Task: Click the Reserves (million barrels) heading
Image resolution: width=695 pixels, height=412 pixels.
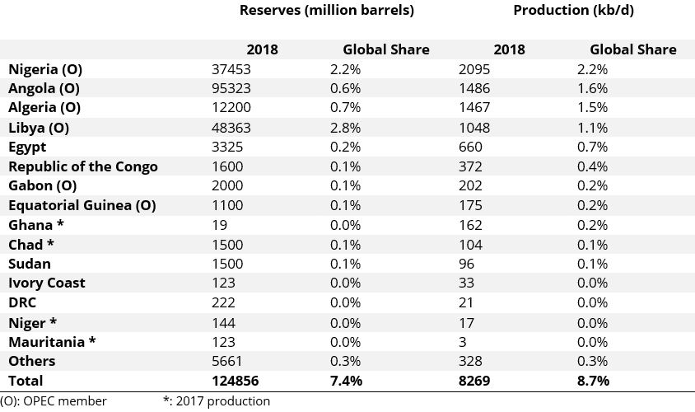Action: (x=326, y=11)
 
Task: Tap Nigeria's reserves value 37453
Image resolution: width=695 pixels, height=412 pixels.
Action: (x=231, y=69)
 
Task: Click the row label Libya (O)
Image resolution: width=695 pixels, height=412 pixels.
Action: (x=38, y=128)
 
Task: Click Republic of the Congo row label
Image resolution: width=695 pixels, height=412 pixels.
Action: (x=82, y=166)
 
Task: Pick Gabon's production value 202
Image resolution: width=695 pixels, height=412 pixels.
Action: (x=469, y=185)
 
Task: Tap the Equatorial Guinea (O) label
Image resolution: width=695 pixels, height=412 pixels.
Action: (x=82, y=205)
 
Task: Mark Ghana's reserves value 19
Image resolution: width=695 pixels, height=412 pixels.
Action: (x=219, y=225)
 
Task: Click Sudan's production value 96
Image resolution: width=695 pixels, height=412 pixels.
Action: (x=466, y=264)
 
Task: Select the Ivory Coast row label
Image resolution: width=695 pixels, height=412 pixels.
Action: (x=46, y=283)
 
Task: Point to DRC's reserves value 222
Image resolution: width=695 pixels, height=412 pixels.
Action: (x=223, y=302)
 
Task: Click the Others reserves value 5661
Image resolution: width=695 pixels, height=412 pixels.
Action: (x=226, y=361)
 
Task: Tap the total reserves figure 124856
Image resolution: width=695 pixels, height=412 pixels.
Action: (x=234, y=381)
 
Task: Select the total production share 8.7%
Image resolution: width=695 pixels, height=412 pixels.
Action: (x=593, y=381)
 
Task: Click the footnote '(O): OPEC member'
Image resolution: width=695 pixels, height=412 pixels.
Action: (x=54, y=401)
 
